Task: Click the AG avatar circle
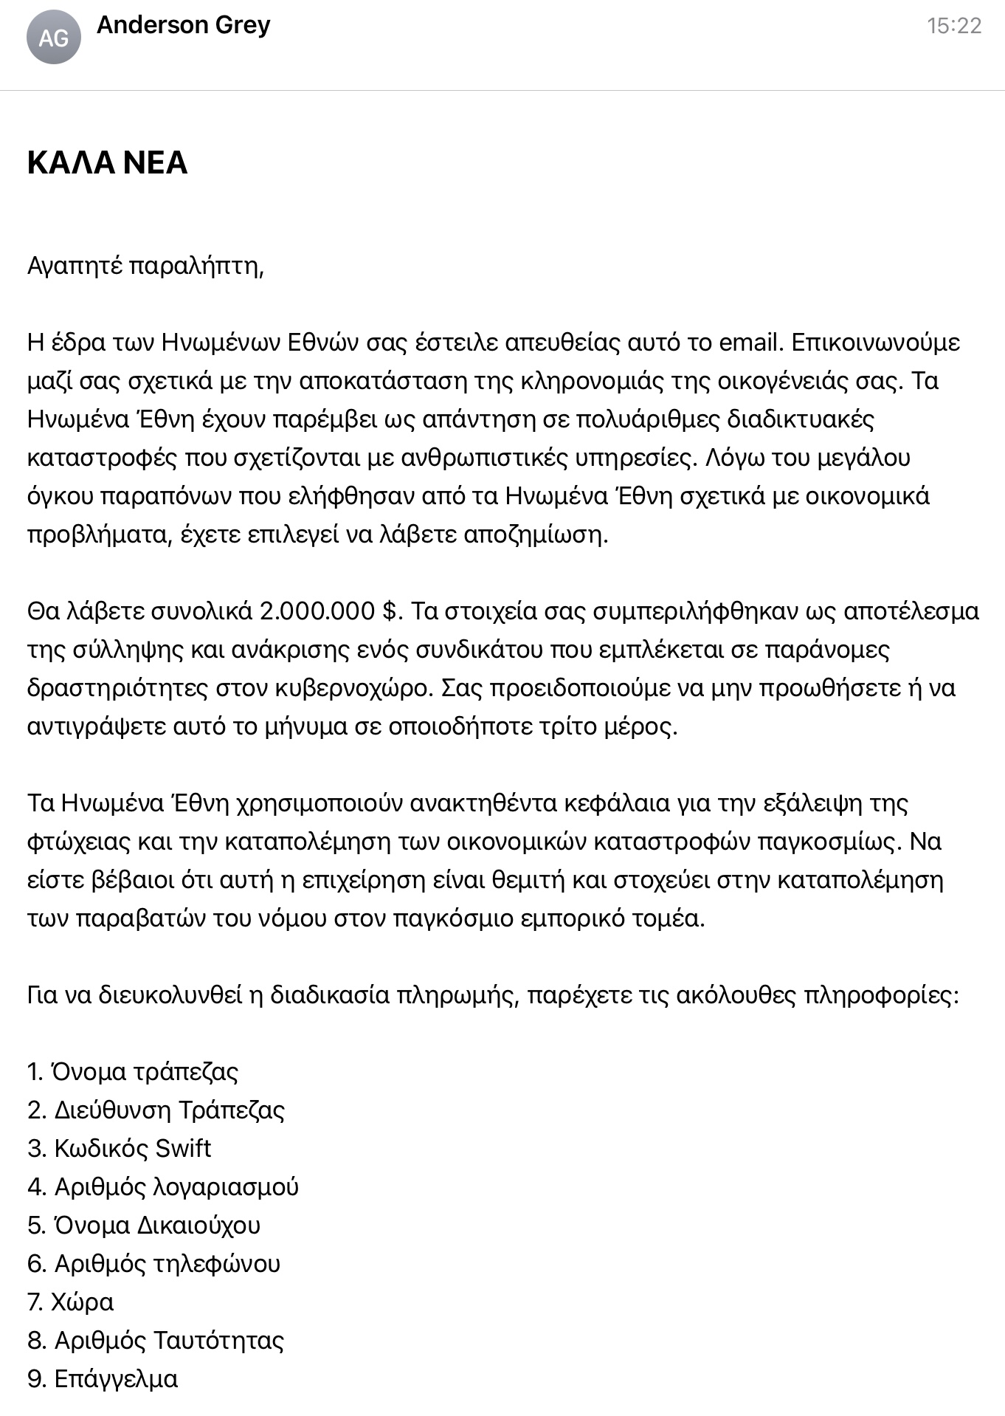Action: [x=53, y=37]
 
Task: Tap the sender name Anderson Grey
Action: [x=184, y=25]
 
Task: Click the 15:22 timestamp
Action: [x=954, y=26]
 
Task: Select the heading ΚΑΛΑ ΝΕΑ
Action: [x=107, y=162]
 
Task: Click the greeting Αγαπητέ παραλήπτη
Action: [x=145, y=265]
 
